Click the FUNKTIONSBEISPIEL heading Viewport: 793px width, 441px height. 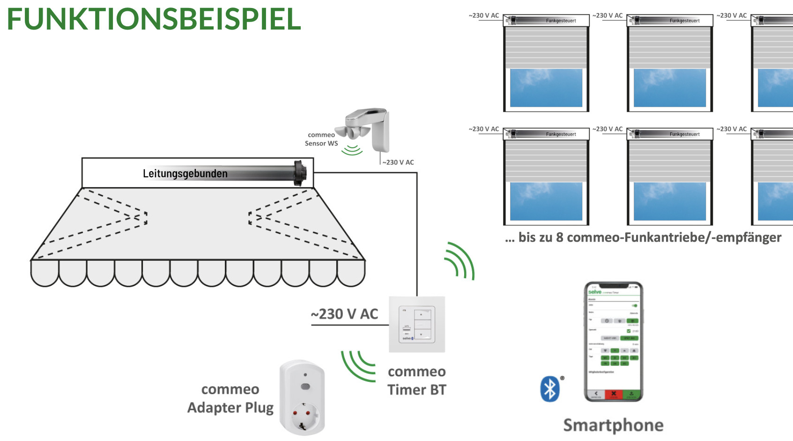point(154,20)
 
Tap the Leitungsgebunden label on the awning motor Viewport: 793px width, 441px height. point(185,174)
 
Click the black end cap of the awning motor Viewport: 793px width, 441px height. point(299,173)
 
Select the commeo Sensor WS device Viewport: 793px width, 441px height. point(368,129)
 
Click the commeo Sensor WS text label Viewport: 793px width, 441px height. point(321,139)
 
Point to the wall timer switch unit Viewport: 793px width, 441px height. point(417,324)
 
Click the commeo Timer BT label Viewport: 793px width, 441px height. point(417,380)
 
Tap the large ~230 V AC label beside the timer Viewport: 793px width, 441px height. point(345,314)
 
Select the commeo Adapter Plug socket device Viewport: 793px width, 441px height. point(302,398)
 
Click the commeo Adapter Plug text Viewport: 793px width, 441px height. point(230,398)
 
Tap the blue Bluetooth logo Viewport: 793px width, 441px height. point(550,389)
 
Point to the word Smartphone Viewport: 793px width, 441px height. point(613,425)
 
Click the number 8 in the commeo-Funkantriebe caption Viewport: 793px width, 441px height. point(560,237)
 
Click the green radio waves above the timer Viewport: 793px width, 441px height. point(459,261)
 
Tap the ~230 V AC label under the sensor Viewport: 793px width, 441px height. point(398,162)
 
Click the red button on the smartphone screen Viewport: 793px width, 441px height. point(614,394)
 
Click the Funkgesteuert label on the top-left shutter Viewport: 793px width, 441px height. point(561,21)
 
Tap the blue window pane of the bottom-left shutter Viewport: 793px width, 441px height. point(546,201)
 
